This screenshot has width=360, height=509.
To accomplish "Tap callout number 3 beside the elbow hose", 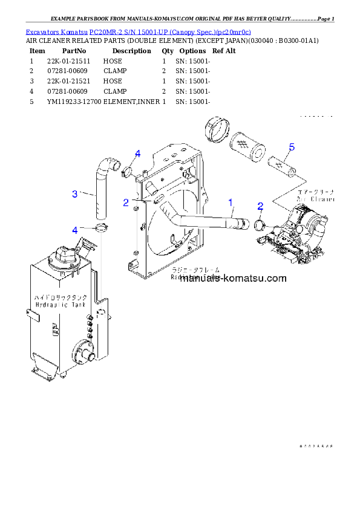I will [x=74, y=194].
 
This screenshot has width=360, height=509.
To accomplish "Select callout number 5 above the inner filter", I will [x=292, y=147].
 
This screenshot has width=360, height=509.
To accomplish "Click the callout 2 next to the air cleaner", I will [x=260, y=206].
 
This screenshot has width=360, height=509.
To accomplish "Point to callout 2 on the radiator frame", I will [x=126, y=203].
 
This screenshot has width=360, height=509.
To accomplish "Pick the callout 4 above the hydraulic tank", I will [x=75, y=230].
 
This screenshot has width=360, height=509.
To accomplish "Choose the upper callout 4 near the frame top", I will [x=138, y=154].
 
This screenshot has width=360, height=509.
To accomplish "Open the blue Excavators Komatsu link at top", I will [x=138, y=31].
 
